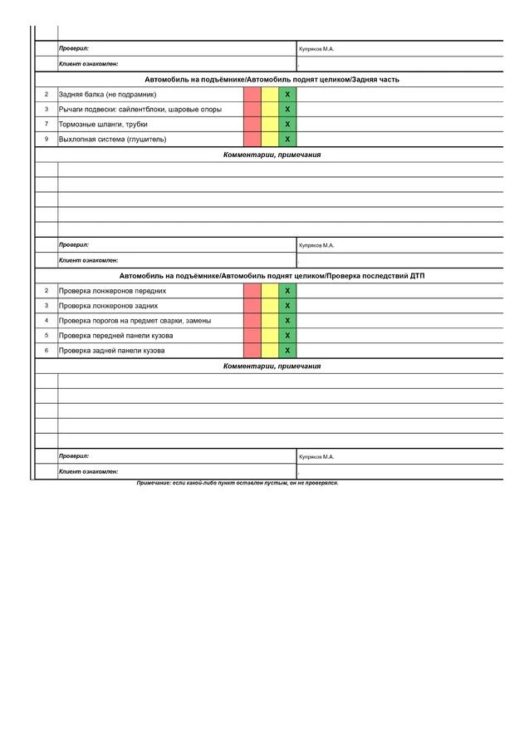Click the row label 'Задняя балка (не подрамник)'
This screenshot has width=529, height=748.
[107, 95]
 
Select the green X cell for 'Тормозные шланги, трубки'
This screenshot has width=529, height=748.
[287, 125]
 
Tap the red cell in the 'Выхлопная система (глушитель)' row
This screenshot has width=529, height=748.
[252, 140]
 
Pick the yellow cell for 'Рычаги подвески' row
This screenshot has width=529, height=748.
[270, 110]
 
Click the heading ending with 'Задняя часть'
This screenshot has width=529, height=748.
[272, 80]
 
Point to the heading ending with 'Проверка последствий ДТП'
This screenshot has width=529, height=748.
[272, 276]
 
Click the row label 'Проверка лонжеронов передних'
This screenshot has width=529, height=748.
[112, 291]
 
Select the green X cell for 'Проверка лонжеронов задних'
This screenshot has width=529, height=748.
[287, 306]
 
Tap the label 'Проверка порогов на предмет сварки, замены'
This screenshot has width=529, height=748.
[135, 321]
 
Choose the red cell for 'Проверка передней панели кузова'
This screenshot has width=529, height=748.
[252, 336]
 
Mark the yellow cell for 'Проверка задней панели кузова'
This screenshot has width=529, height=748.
[270, 351]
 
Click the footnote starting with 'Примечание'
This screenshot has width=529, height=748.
[238, 483]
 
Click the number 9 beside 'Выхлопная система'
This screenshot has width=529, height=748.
[47, 140]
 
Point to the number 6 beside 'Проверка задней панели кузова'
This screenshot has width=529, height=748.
[47, 351]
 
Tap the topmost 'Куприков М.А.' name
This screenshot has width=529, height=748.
[316, 49]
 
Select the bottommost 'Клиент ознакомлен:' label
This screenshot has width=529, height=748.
[88, 472]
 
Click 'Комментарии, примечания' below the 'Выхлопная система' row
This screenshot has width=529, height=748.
[272, 155]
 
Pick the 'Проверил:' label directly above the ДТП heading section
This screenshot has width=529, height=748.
[74, 246]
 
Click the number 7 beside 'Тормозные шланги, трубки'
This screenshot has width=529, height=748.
[47, 125]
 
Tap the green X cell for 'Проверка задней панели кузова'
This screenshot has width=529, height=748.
[287, 351]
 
